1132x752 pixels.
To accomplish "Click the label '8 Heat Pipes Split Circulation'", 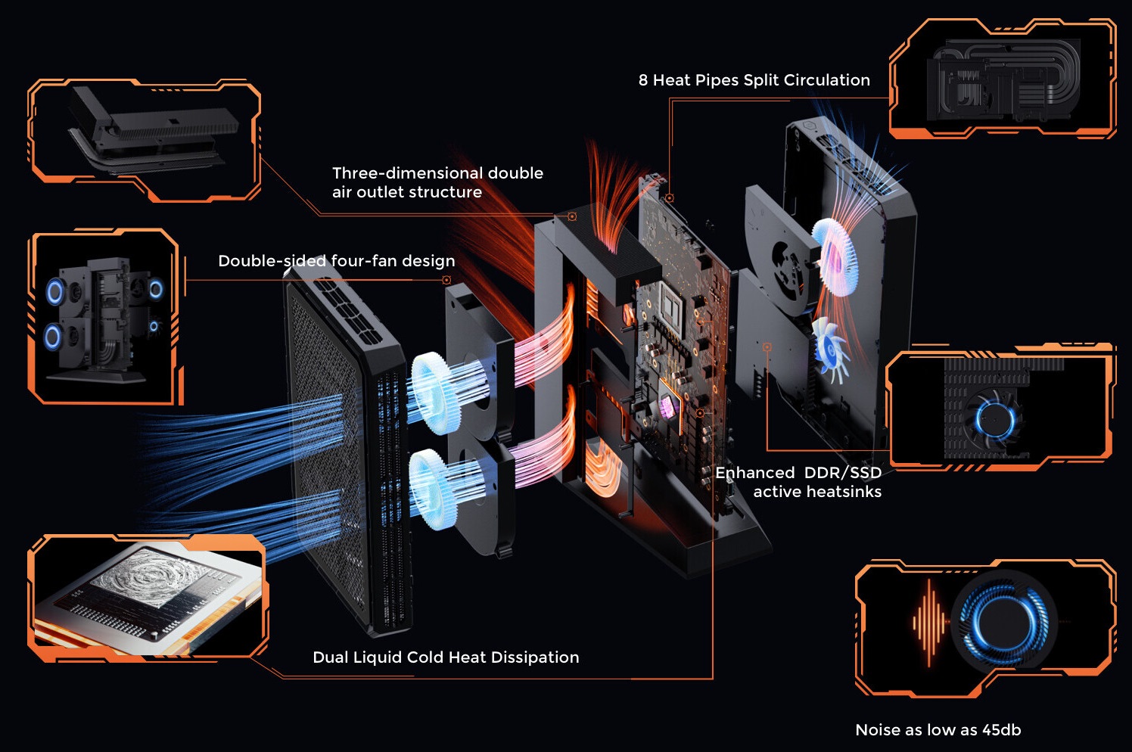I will pyautogui.click(x=754, y=80).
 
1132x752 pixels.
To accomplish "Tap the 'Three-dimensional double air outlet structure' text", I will pyautogui.click(x=437, y=182).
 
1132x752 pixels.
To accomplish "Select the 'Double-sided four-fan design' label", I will pyautogui.click(x=336, y=261).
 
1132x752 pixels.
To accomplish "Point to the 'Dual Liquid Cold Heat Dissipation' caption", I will pyautogui.click(x=446, y=657).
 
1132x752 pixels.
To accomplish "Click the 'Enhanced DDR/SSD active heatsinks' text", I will pyautogui.click(x=799, y=482).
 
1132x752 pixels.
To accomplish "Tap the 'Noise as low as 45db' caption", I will pyautogui.click(x=938, y=730).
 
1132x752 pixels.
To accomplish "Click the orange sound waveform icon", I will pyautogui.click(x=929, y=622).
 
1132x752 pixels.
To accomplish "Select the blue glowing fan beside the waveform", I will pyautogui.click(x=1003, y=621).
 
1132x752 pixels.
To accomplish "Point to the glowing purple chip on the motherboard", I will pyautogui.click(x=667, y=407).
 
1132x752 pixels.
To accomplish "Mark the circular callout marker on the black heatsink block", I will pyautogui.click(x=572, y=216).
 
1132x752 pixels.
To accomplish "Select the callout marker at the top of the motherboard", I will pyautogui.click(x=670, y=198).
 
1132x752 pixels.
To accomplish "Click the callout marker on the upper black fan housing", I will pyautogui.click(x=446, y=280).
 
